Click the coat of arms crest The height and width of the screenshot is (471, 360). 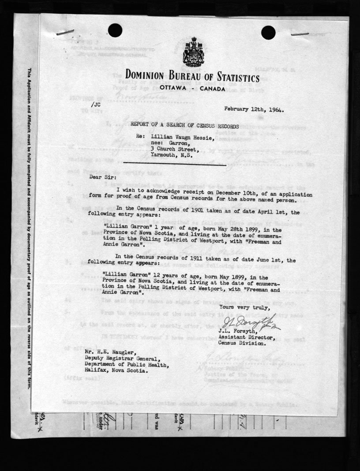[x=192, y=53]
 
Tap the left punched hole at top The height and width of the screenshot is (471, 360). [x=115, y=30]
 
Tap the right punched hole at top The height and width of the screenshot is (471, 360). [x=268, y=32]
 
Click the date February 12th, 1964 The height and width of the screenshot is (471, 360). [x=254, y=109]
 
